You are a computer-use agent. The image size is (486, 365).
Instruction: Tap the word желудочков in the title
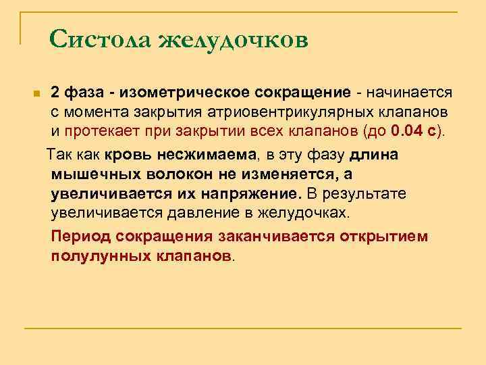pos(233,41)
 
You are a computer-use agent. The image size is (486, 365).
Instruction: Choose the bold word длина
pos(375,154)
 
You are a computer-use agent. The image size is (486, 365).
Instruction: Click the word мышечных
pos(90,174)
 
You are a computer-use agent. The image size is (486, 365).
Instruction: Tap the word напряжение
pos(251,194)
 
